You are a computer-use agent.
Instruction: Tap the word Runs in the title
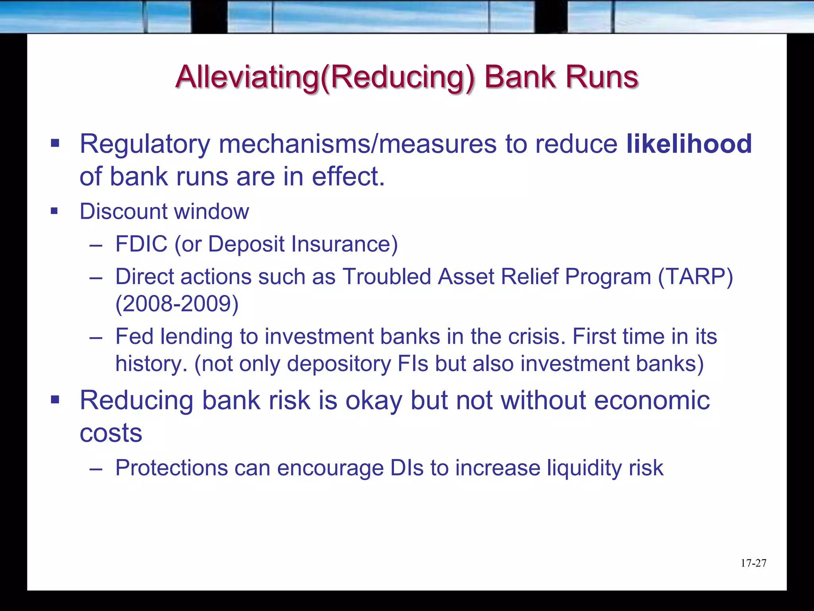coord(601,77)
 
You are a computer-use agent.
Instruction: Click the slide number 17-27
coord(753,563)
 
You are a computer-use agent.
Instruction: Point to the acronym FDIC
coord(141,244)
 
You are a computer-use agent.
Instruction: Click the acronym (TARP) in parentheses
coord(695,276)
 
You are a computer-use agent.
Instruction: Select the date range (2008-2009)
coord(177,304)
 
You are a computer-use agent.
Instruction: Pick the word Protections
coord(171,468)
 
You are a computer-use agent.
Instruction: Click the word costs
coord(110,433)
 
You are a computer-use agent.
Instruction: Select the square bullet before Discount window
coord(54,211)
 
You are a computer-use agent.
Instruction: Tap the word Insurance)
coord(344,244)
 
